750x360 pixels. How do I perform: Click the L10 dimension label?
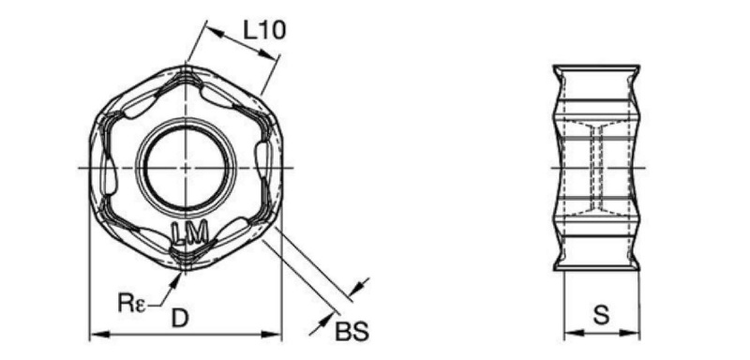264,31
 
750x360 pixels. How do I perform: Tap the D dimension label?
180,319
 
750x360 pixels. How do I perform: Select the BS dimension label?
352,331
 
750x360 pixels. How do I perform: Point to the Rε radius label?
131,303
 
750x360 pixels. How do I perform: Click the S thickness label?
601,316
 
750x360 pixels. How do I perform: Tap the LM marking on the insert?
190,233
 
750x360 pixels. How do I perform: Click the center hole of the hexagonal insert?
186,169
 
